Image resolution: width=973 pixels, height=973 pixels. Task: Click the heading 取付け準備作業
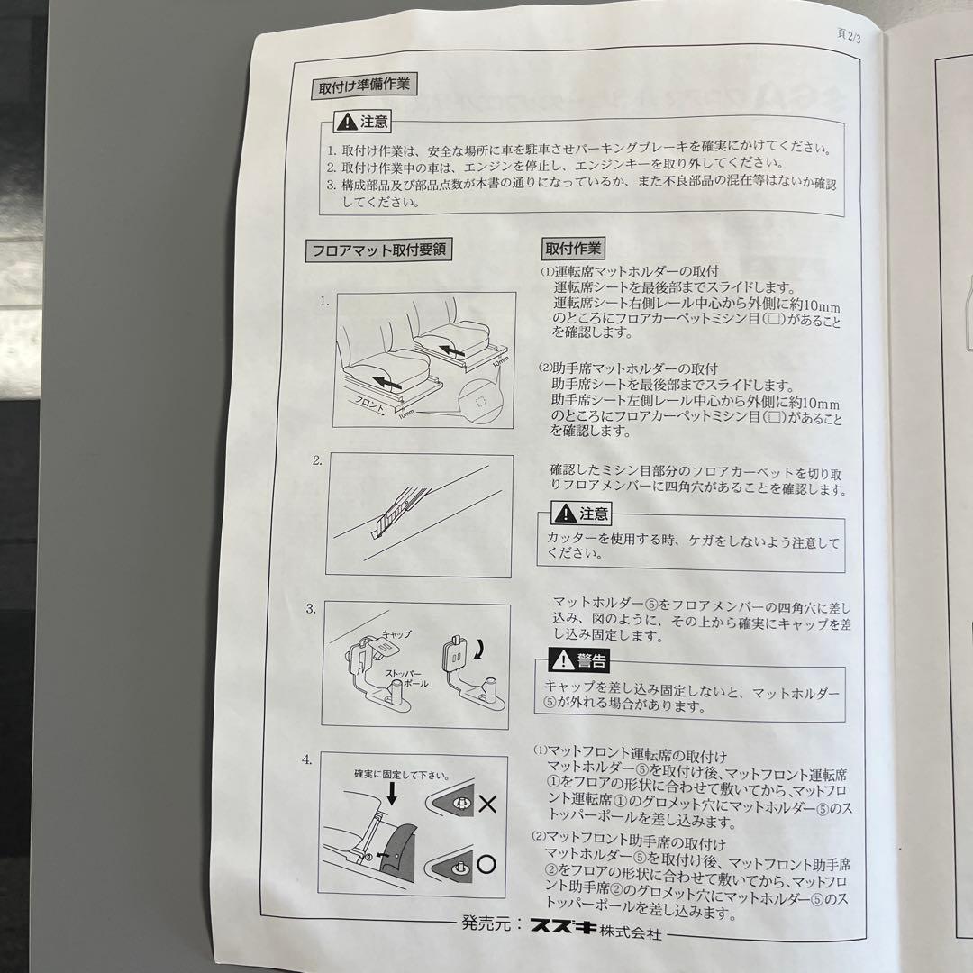click(x=364, y=86)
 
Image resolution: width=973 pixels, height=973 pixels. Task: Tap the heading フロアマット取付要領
click(x=377, y=250)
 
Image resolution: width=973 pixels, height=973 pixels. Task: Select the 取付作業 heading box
click(x=573, y=249)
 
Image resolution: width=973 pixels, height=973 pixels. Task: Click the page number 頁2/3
click(x=849, y=35)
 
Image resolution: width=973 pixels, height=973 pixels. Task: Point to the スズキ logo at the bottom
click(x=563, y=926)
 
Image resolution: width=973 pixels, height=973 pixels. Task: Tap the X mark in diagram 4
click(x=487, y=805)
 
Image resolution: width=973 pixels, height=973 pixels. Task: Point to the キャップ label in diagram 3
click(x=396, y=633)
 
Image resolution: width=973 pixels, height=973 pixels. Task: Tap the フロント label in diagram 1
click(x=370, y=404)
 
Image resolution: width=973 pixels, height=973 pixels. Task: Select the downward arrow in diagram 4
click(x=391, y=794)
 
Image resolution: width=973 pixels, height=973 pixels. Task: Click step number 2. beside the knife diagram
click(x=317, y=460)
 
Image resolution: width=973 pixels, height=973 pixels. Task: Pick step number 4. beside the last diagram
click(x=306, y=759)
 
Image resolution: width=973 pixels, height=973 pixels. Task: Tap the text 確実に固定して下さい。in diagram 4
click(x=402, y=775)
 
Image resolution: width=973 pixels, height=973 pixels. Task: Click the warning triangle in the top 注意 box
click(x=346, y=122)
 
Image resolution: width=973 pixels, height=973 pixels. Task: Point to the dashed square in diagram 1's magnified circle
click(x=480, y=402)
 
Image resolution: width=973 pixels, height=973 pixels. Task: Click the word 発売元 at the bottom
click(x=486, y=923)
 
